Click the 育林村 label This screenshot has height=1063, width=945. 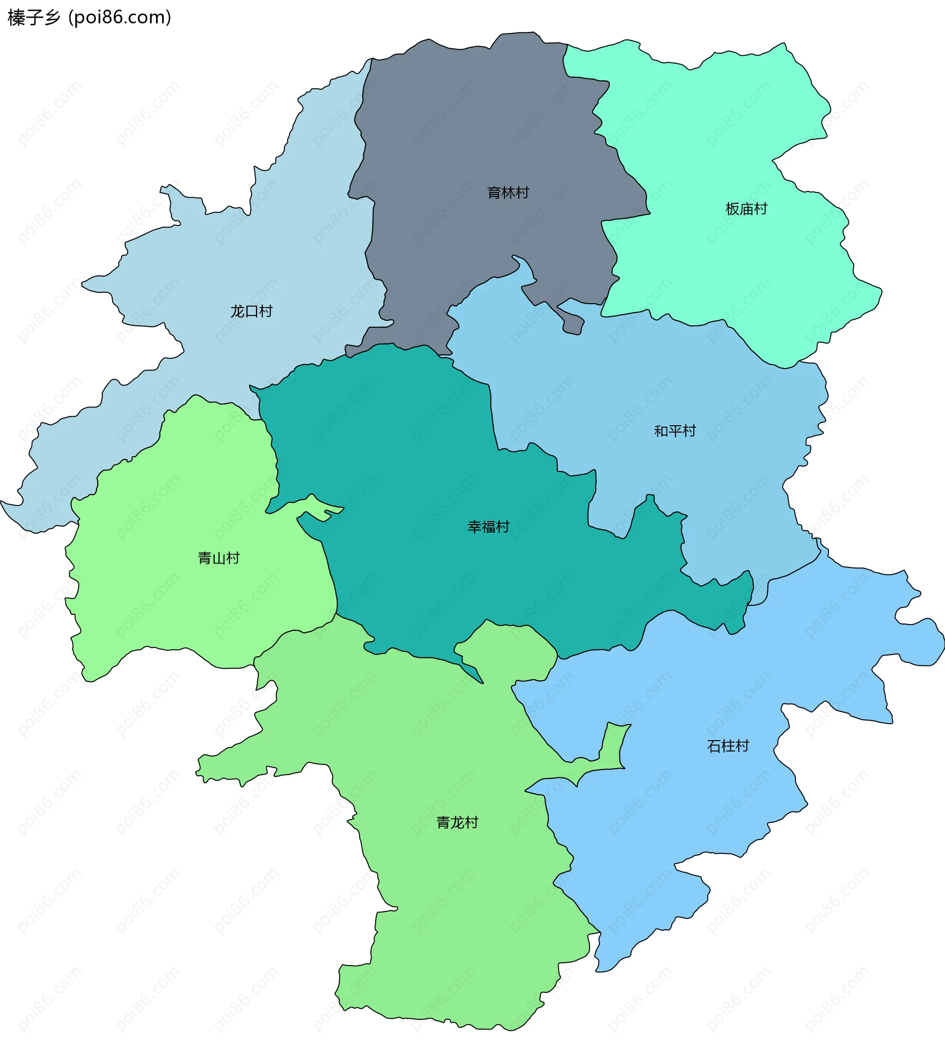point(507,193)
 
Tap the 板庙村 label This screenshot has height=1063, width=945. point(746,209)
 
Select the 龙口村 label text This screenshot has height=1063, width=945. point(251,312)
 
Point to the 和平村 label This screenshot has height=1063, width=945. point(675,431)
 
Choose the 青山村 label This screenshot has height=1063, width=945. point(219,558)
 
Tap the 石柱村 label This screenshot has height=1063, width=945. point(727,746)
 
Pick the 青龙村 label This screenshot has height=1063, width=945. point(457,822)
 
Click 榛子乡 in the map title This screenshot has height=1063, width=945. point(34,18)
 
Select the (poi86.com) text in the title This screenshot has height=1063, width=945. point(120,18)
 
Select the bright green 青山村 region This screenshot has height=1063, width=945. point(182,598)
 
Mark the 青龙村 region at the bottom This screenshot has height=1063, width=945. point(458,910)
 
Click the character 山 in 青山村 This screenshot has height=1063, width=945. point(219,559)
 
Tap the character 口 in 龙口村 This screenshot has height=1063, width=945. point(251,312)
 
